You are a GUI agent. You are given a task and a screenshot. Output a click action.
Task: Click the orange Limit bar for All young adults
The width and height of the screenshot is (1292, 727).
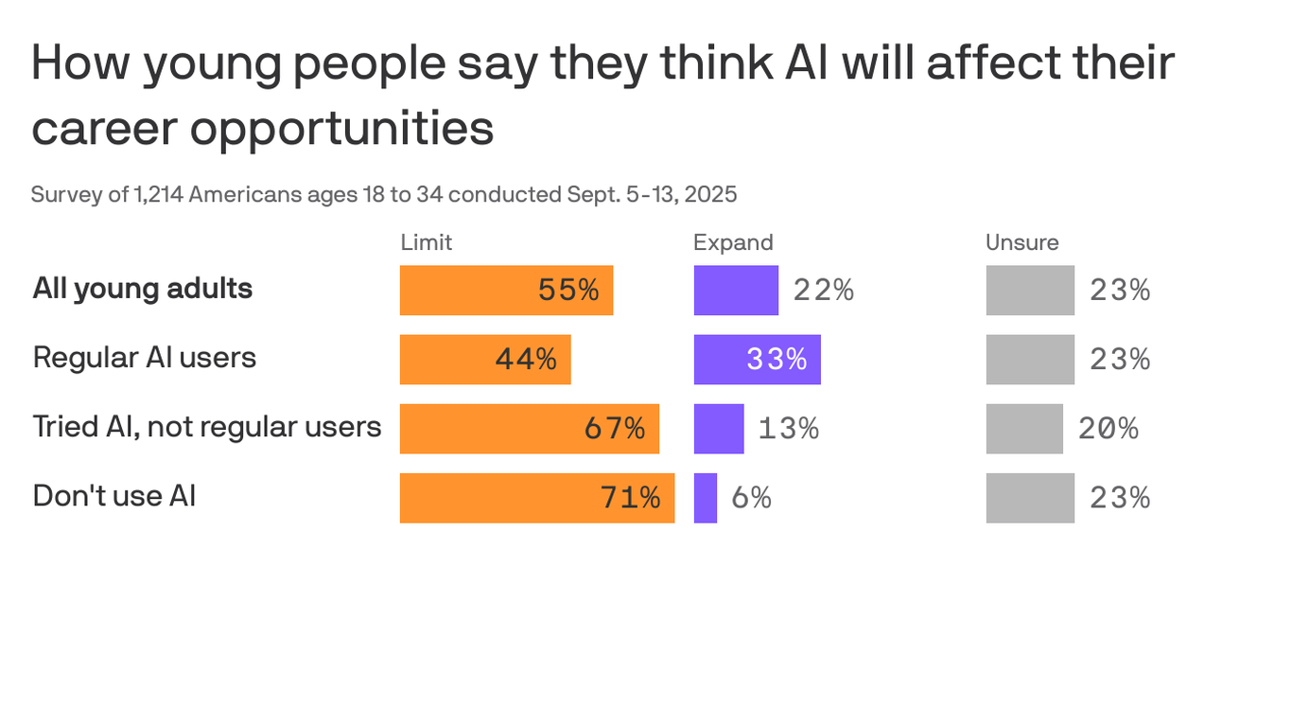click(x=506, y=290)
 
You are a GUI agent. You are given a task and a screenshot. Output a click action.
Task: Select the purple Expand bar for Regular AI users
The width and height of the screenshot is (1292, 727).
click(x=757, y=360)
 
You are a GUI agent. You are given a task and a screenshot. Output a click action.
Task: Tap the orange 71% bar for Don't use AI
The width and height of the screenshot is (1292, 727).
click(x=536, y=498)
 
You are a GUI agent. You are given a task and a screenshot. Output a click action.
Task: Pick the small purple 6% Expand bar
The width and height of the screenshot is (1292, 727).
click(x=706, y=498)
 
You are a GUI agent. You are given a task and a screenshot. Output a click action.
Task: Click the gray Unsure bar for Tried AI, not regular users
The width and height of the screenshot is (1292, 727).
click(x=1024, y=429)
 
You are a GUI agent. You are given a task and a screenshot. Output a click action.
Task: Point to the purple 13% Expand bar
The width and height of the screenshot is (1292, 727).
click(x=719, y=429)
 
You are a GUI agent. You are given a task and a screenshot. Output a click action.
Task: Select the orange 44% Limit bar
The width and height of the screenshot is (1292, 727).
click(x=484, y=360)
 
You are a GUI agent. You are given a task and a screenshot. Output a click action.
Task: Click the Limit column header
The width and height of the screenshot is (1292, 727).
click(x=426, y=242)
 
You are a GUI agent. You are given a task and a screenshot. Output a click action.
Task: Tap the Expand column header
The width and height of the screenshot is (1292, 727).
click(x=733, y=242)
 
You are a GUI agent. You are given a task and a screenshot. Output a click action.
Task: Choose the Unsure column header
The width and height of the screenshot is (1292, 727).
click(x=1021, y=242)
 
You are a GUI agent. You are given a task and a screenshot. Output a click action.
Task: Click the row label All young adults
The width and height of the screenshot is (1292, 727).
click(x=143, y=289)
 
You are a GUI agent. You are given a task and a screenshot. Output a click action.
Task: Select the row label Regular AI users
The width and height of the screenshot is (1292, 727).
click(x=145, y=358)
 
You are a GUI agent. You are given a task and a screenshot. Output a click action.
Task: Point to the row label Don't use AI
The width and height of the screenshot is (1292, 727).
click(x=114, y=496)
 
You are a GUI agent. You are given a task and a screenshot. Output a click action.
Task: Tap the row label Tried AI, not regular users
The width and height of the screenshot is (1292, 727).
click(x=207, y=427)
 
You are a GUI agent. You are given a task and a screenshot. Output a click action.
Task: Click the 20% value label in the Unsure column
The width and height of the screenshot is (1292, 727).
click(x=1109, y=429)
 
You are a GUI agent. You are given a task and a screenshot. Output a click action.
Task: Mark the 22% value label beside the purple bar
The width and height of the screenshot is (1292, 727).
click(x=824, y=291)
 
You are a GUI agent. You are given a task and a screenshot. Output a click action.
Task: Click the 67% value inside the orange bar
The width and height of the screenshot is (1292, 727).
click(x=615, y=429)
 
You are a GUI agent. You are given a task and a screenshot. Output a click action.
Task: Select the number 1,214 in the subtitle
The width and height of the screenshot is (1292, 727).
click(x=158, y=195)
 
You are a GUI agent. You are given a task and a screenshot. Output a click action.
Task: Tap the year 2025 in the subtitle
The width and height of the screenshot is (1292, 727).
click(x=710, y=195)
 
